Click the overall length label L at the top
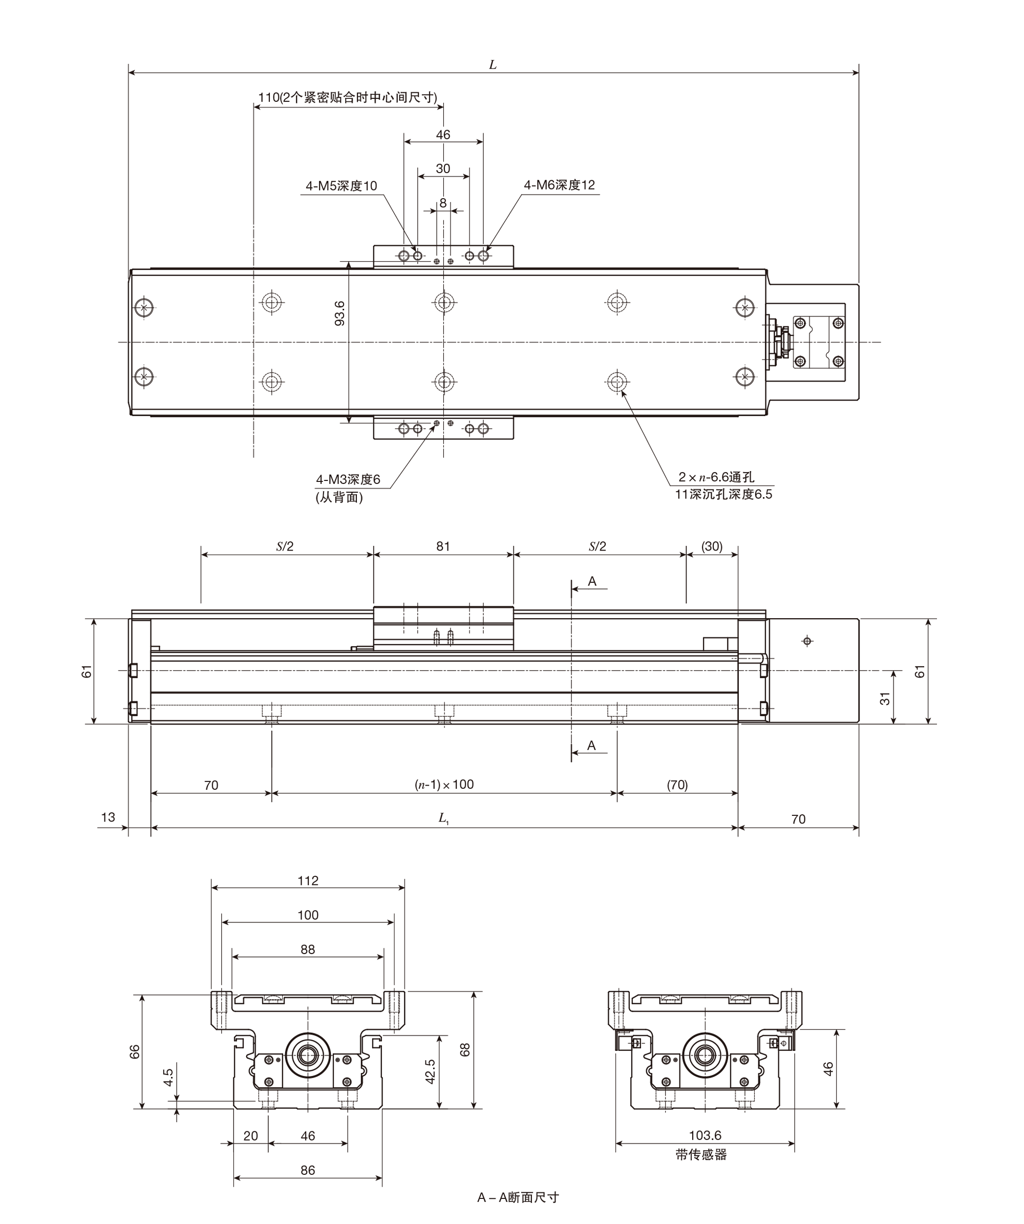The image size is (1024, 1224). pyautogui.click(x=493, y=65)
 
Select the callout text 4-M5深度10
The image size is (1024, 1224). pyautogui.click(x=342, y=186)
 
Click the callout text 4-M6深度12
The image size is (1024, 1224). pyautogui.click(x=560, y=185)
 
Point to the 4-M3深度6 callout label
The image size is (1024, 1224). pyautogui.click(x=348, y=479)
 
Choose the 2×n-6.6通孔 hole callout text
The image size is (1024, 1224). pyautogui.click(x=716, y=477)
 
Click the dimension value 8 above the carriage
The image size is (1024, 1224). pyautogui.click(x=443, y=203)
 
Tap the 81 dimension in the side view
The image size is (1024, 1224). pyautogui.click(x=443, y=546)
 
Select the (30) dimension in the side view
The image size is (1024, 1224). pyautogui.click(x=712, y=546)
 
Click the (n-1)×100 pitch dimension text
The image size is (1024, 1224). pyautogui.click(x=444, y=785)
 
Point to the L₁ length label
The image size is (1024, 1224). pyautogui.click(x=443, y=818)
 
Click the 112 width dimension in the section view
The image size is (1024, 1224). pyautogui.click(x=308, y=881)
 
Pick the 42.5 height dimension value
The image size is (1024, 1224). pyautogui.click(x=430, y=1071)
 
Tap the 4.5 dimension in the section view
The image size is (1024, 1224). pyautogui.click(x=168, y=1077)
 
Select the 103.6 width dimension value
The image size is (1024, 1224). pyautogui.click(x=705, y=1135)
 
